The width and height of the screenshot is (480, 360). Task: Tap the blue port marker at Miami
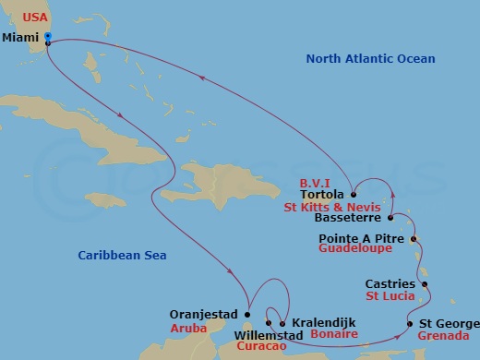click(x=47, y=37)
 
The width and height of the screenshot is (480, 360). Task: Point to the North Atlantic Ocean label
click(x=370, y=59)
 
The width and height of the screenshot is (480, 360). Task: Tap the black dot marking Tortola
click(x=353, y=195)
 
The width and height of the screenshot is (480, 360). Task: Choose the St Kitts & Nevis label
click(x=328, y=207)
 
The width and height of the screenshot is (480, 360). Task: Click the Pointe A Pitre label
click(x=353, y=238)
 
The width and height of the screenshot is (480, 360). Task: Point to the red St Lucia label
click(x=389, y=296)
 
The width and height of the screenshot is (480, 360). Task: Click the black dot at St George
click(x=410, y=324)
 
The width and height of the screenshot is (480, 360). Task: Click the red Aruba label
click(x=187, y=328)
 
